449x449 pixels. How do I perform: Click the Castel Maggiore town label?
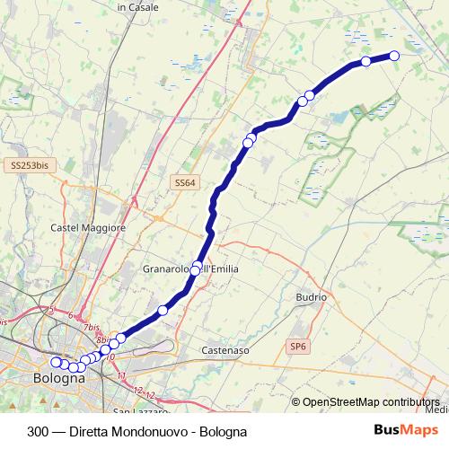(88, 228)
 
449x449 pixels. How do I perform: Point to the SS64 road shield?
(184, 182)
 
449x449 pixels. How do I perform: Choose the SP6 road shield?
(297, 346)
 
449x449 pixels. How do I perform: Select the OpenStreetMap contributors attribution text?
(371, 401)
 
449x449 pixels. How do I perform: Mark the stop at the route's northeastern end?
(393, 55)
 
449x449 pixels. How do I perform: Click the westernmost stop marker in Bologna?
(56, 362)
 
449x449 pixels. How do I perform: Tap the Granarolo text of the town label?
(168, 269)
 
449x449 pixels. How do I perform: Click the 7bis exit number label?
(91, 329)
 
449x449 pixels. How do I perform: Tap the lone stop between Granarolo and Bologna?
(163, 310)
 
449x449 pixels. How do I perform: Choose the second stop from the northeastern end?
(365, 61)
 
